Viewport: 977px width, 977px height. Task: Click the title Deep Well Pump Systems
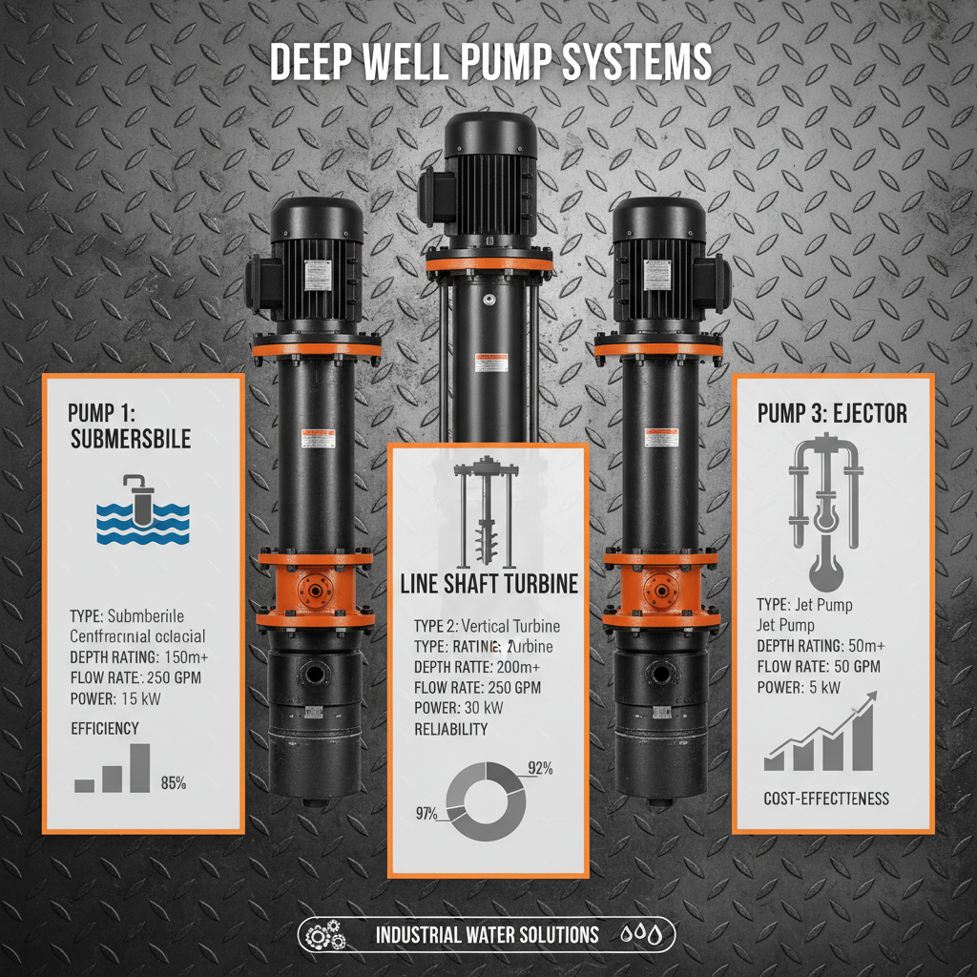pyautogui.click(x=488, y=63)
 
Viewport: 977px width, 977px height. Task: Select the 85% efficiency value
pyautogui.click(x=174, y=783)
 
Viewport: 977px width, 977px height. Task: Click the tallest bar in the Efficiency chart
pyautogui.click(x=139, y=767)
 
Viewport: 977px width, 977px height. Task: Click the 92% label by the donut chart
pyautogui.click(x=540, y=767)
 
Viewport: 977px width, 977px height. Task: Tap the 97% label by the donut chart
pyautogui.click(x=426, y=813)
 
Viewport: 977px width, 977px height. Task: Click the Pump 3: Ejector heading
pyautogui.click(x=832, y=414)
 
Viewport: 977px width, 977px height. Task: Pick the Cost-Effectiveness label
pyautogui.click(x=826, y=798)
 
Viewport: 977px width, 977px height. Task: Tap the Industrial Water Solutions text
pyautogui.click(x=487, y=934)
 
